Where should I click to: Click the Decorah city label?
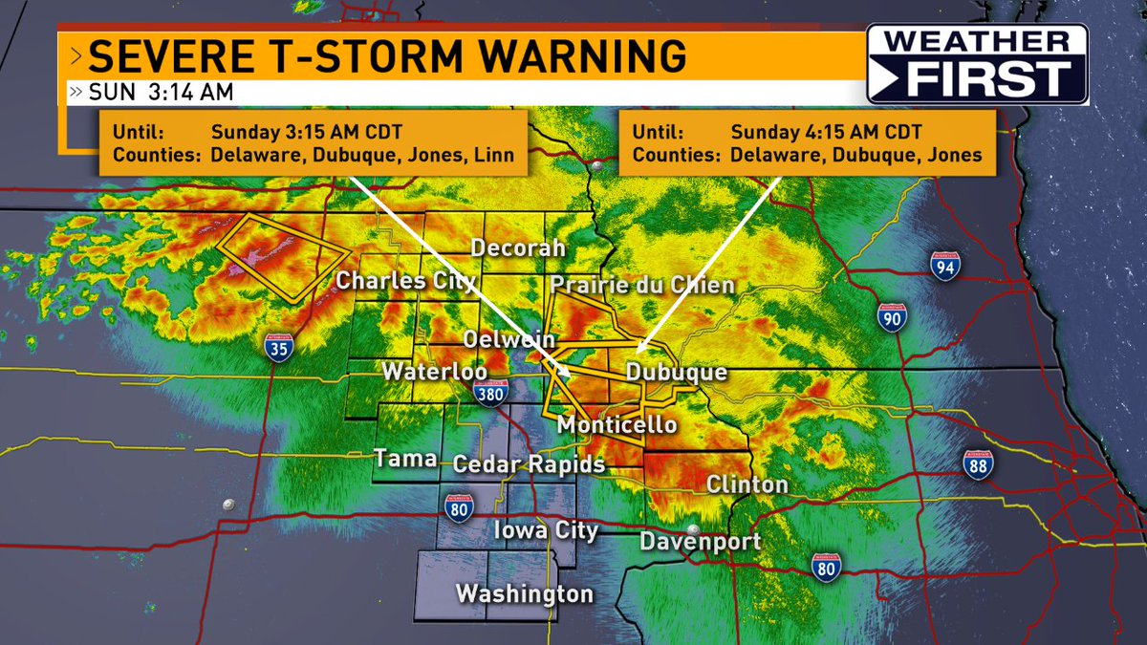point(518,248)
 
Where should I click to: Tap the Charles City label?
point(405,281)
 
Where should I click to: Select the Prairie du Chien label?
point(641,285)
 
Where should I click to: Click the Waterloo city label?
point(435,372)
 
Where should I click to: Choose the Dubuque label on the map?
point(677,373)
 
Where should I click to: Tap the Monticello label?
point(617,424)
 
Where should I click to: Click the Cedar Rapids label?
point(529,464)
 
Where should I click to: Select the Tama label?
point(405,459)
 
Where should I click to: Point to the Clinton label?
point(747,484)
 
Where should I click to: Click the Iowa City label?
point(546,530)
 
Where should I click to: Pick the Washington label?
point(524,593)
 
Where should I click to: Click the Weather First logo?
point(977,63)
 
